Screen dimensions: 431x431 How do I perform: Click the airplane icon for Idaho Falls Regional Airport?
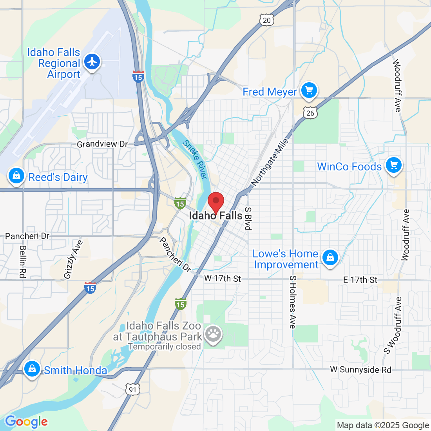92,62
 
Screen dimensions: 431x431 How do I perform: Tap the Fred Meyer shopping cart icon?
309,91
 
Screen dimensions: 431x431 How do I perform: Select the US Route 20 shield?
266,20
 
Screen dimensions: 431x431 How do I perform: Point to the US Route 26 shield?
310,113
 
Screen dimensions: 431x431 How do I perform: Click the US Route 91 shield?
133,389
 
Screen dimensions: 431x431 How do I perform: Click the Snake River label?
195,160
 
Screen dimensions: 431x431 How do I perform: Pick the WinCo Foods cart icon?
394,165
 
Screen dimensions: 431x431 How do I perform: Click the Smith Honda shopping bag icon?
32,369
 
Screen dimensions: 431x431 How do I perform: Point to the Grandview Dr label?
102,144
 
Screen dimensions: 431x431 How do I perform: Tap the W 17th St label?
223,279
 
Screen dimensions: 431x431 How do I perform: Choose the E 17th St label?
360,280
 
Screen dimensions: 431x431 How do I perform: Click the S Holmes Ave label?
293,302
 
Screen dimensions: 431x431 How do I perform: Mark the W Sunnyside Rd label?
360,369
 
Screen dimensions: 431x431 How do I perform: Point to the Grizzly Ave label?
73,259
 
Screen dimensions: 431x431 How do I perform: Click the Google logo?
26,422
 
